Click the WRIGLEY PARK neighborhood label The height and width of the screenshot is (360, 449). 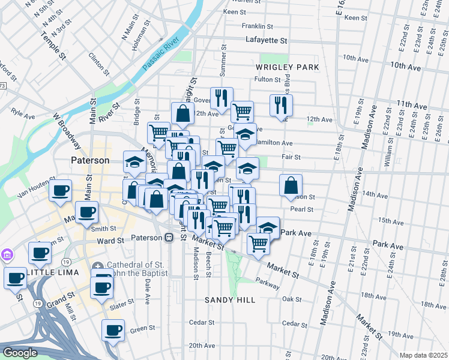pos(287,67)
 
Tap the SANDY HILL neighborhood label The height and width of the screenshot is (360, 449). pos(230,299)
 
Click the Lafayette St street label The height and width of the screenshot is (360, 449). pos(267,40)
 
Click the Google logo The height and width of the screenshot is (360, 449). pos(19,353)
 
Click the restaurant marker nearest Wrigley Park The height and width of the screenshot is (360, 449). pos(281,105)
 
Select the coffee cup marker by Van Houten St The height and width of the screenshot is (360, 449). pos(60,191)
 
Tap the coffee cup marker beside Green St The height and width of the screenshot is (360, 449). pos(112,329)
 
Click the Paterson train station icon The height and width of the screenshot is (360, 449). pos(169,238)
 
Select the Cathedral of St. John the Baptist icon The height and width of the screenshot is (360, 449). pos(97,266)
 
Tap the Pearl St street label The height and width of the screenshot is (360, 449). pos(301,209)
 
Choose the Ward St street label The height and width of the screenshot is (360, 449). pos(110,241)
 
